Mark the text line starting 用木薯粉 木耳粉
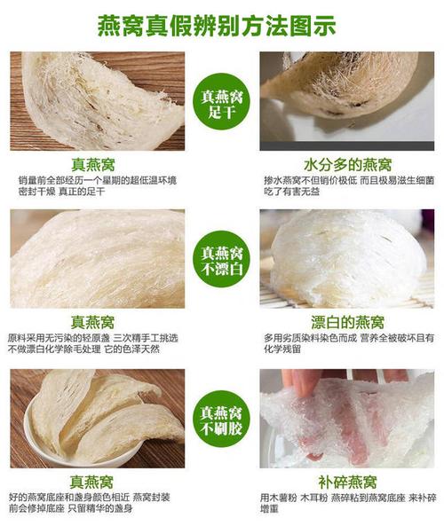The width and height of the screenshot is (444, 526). point(349,499)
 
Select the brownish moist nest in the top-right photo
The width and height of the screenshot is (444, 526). point(351,84)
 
